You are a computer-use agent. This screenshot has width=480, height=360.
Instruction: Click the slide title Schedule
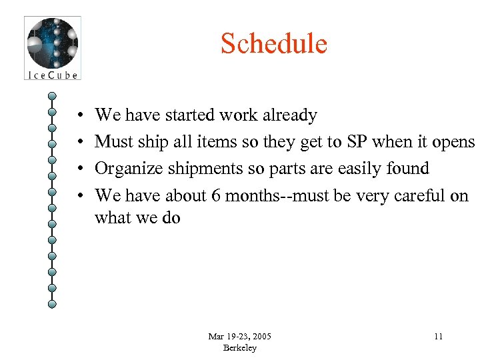point(274,44)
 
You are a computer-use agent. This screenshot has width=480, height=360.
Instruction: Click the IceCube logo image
point(52,48)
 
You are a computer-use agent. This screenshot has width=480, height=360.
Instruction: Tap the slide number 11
point(438,336)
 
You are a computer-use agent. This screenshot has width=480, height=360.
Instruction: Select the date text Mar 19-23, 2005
point(239,336)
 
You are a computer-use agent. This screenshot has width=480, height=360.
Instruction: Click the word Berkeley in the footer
point(239,348)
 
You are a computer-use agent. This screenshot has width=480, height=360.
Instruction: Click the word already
point(289,115)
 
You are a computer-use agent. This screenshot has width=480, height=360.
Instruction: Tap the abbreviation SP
point(355,141)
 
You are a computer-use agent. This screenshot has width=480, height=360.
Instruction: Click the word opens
point(453,141)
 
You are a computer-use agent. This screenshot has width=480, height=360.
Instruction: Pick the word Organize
point(130,168)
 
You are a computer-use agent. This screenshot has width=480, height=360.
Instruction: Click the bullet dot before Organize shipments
point(79,169)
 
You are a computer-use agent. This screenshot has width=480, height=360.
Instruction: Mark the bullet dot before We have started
point(79,116)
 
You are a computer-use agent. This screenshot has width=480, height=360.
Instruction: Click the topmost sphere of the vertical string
point(52,95)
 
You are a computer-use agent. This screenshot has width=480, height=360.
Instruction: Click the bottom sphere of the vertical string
point(52,303)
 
